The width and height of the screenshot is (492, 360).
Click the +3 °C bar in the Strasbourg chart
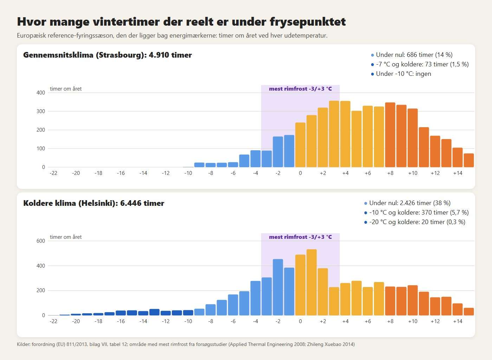[x=334, y=134]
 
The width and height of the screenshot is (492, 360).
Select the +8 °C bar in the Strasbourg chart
[x=390, y=135]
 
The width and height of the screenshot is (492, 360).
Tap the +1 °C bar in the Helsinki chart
[x=311, y=282]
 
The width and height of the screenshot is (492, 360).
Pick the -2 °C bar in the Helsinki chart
[x=278, y=287]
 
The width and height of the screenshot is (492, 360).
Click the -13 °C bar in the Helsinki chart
[x=154, y=312]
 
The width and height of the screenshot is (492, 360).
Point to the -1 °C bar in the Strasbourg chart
[x=289, y=151]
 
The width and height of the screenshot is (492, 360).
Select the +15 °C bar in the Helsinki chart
[x=469, y=312]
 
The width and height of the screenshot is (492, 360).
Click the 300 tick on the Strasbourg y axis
[x=41, y=111]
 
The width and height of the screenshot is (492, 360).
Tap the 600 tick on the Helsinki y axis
[x=41, y=241]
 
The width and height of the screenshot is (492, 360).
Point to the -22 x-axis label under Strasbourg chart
[x=53, y=173]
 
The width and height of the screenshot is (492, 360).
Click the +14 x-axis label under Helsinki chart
[x=458, y=321]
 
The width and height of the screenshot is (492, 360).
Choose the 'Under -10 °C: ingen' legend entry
[x=401, y=74]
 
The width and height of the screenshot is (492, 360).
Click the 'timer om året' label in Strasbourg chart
[x=66, y=89]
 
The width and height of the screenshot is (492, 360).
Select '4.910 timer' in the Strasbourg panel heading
[x=170, y=55]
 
